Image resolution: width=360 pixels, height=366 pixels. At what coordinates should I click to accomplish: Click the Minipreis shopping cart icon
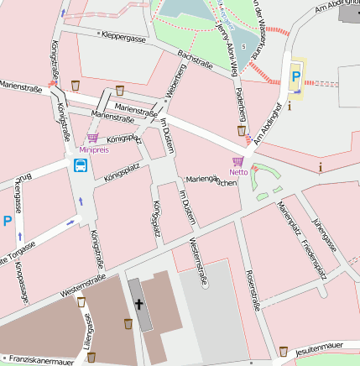point(92,138)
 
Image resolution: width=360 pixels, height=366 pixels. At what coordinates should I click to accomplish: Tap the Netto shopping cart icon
point(237,160)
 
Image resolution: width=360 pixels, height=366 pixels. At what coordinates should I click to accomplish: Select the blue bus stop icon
point(80,165)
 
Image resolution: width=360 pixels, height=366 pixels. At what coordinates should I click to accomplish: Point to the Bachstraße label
point(194,67)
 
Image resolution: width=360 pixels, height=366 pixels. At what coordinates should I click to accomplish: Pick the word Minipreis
point(94,149)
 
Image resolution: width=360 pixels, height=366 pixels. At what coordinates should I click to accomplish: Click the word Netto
point(238,172)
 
